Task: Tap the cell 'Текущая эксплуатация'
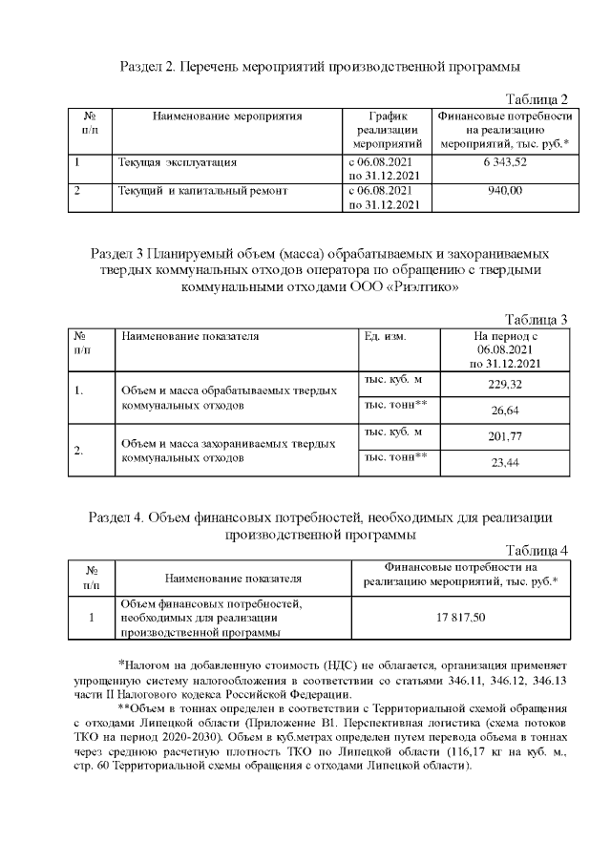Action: (x=171, y=163)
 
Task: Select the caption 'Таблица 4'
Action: (x=536, y=551)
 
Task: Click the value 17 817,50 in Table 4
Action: (x=461, y=618)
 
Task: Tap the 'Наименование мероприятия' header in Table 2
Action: (x=227, y=116)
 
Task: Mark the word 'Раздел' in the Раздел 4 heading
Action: (x=111, y=518)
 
